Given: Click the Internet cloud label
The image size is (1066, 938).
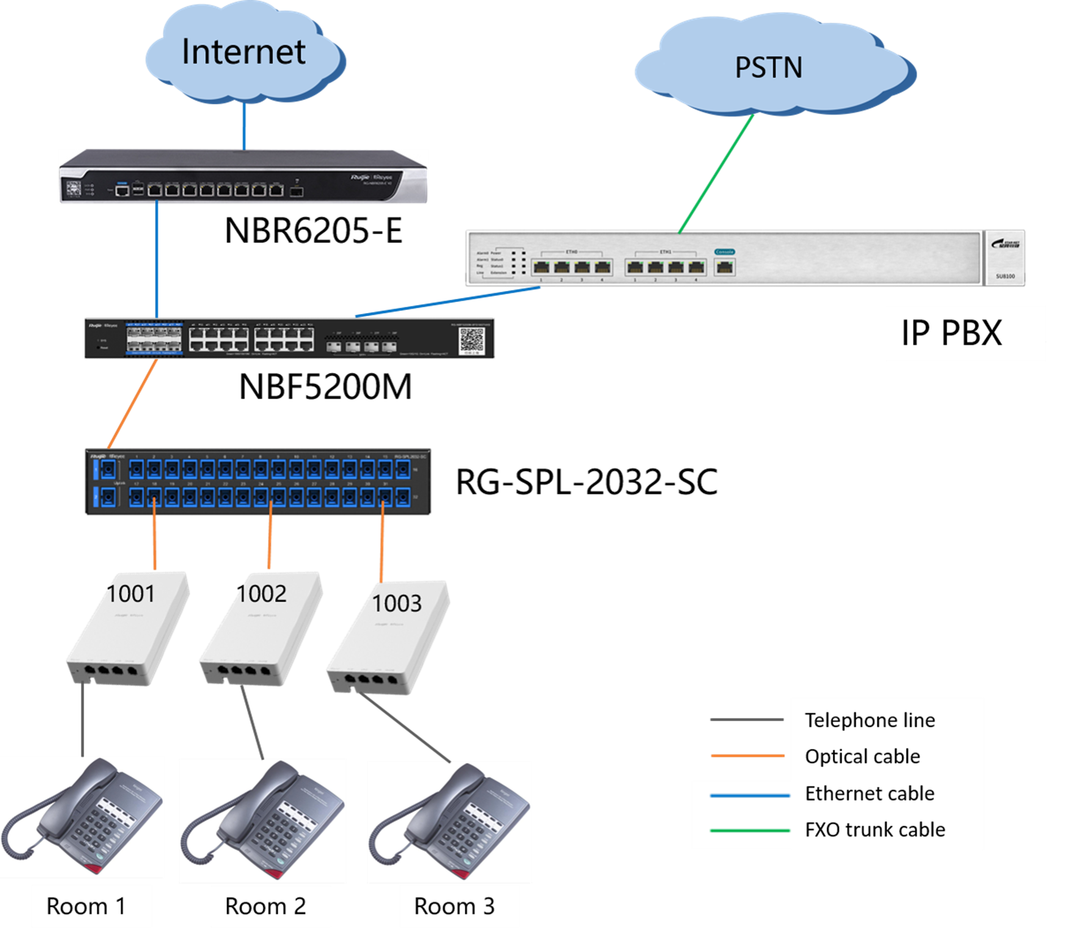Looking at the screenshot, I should click(x=243, y=52).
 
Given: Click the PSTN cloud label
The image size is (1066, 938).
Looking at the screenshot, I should click(x=768, y=68).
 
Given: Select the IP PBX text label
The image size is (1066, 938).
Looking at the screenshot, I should click(x=951, y=333).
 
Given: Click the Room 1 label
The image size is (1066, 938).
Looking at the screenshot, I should click(x=86, y=906).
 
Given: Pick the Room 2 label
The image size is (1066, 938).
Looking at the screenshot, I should click(x=266, y=906).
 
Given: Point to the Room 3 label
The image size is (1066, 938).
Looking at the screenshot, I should click(x=454, y=906).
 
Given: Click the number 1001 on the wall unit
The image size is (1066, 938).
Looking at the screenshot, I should click(x=130, y=594).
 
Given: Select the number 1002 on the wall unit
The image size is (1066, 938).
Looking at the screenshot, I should click(x=262, y=594).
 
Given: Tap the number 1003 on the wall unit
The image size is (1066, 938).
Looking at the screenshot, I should click(x=397, y=603).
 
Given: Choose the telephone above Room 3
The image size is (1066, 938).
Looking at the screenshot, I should click(x=450, y=822).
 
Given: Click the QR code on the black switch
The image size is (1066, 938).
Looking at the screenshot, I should click(x=471, y=340).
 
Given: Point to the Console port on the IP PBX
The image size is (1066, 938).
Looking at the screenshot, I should click(x=724, y=267).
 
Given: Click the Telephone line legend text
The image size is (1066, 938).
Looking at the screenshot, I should click(x=870, y=720).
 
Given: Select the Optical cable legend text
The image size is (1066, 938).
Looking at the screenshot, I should click(x=863, y=756).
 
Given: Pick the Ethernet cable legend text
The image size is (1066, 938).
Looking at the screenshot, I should click(x=869, y=793).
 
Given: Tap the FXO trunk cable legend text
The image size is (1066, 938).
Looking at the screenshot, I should click(x=875, y=829).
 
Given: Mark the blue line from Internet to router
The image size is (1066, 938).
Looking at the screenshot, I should click(x=245, y=127).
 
